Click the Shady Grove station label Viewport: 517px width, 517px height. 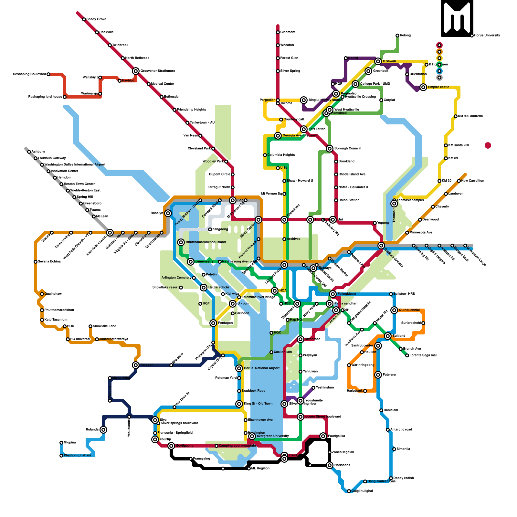click(96, 19)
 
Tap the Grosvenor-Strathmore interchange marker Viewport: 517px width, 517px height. click(136, 71)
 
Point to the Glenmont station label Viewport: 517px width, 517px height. click(288, 32)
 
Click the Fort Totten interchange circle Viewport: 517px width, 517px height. click(304, 129)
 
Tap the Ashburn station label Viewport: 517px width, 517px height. click(38, 152)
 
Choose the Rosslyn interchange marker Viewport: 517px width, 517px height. click(168, 213)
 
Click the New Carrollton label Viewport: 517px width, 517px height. click(472, 181)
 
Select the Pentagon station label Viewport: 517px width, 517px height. click(225, 323)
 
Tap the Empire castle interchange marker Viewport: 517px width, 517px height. click(423, 87)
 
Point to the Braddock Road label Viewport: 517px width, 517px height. click(253, 391)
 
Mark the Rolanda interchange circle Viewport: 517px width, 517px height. click(103, 430)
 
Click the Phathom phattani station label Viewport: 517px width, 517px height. click(77, 456)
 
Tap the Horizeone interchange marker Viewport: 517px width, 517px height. click(330, 465)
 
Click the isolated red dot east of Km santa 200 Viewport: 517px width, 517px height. click(488, 145)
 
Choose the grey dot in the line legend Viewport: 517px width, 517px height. click(439, 78)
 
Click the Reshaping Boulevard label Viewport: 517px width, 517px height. click(29, 74)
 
